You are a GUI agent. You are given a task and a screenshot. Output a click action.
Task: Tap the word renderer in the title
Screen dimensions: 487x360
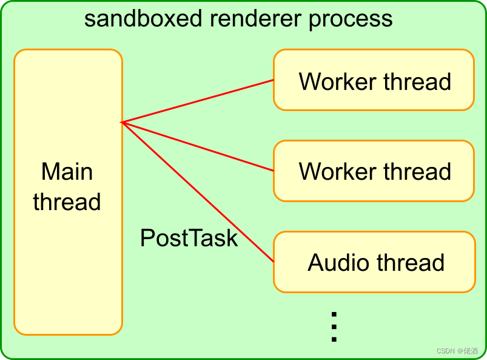[255, 19]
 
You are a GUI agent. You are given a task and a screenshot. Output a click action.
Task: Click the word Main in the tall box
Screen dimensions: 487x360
[67, 171]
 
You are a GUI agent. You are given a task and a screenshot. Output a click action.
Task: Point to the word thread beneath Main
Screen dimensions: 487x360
[67, 202]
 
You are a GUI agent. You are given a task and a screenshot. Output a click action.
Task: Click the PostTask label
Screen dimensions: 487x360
[189, 238]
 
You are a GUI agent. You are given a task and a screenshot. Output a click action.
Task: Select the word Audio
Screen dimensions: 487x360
[338, 262]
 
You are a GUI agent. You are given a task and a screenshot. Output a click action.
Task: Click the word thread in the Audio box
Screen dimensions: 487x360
[411, 262]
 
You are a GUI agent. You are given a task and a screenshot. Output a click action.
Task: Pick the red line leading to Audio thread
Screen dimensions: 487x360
[198, 192]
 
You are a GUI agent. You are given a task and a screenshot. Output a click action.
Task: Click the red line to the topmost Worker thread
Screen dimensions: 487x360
[198, 101]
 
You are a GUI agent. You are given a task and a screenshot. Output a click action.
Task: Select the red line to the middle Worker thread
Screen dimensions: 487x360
[198, 146]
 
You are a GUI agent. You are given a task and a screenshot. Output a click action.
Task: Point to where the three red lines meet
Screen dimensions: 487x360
[121, 122]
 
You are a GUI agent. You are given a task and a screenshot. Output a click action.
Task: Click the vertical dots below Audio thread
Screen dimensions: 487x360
[334, 327]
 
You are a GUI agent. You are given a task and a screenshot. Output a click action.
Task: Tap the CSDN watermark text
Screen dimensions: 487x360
[457, 351]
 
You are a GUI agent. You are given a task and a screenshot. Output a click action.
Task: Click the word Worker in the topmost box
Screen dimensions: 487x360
[338, 81]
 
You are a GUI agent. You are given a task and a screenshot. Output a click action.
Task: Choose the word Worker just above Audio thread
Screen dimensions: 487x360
[338, 171]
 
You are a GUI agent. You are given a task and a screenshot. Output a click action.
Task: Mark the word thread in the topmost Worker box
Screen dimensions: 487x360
[417, 81]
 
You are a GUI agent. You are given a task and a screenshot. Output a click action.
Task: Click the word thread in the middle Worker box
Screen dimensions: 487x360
[417, 171]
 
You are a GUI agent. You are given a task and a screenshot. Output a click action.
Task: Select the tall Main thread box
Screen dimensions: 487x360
[69, 192]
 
